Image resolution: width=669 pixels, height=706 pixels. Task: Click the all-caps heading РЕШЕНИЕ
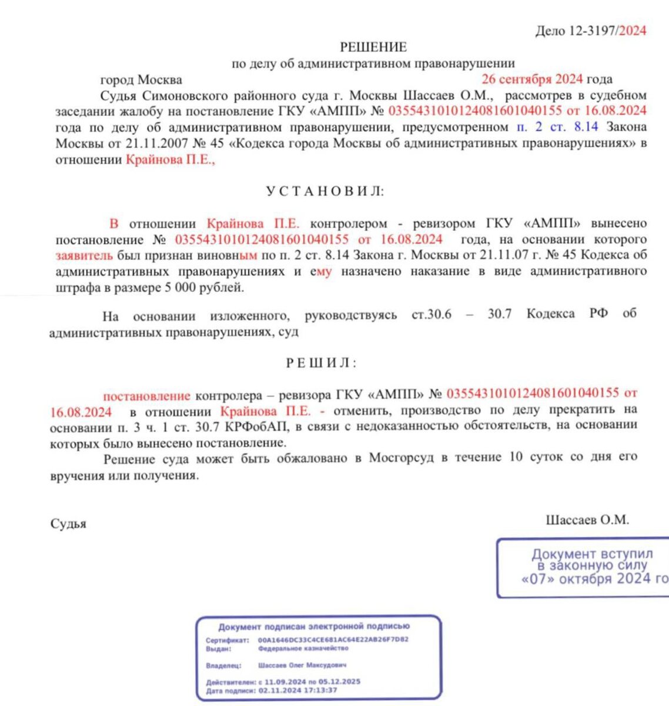(x=373, y=47)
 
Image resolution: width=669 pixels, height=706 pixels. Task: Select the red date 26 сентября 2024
(x=532, y=79)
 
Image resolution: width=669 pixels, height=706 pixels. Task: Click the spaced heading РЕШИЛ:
(x=322, y=363)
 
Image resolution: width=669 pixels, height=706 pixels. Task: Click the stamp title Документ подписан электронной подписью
(x=314, y=627)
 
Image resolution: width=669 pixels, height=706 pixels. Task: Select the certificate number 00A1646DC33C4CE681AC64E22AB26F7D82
(x=333, y=640)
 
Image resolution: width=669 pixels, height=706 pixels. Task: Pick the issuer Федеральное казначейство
(x=303, y=648)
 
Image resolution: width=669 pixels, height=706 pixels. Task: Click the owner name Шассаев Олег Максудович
(x=302, y=665)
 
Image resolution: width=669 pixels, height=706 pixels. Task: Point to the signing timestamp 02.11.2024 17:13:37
(x=297, y=691)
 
